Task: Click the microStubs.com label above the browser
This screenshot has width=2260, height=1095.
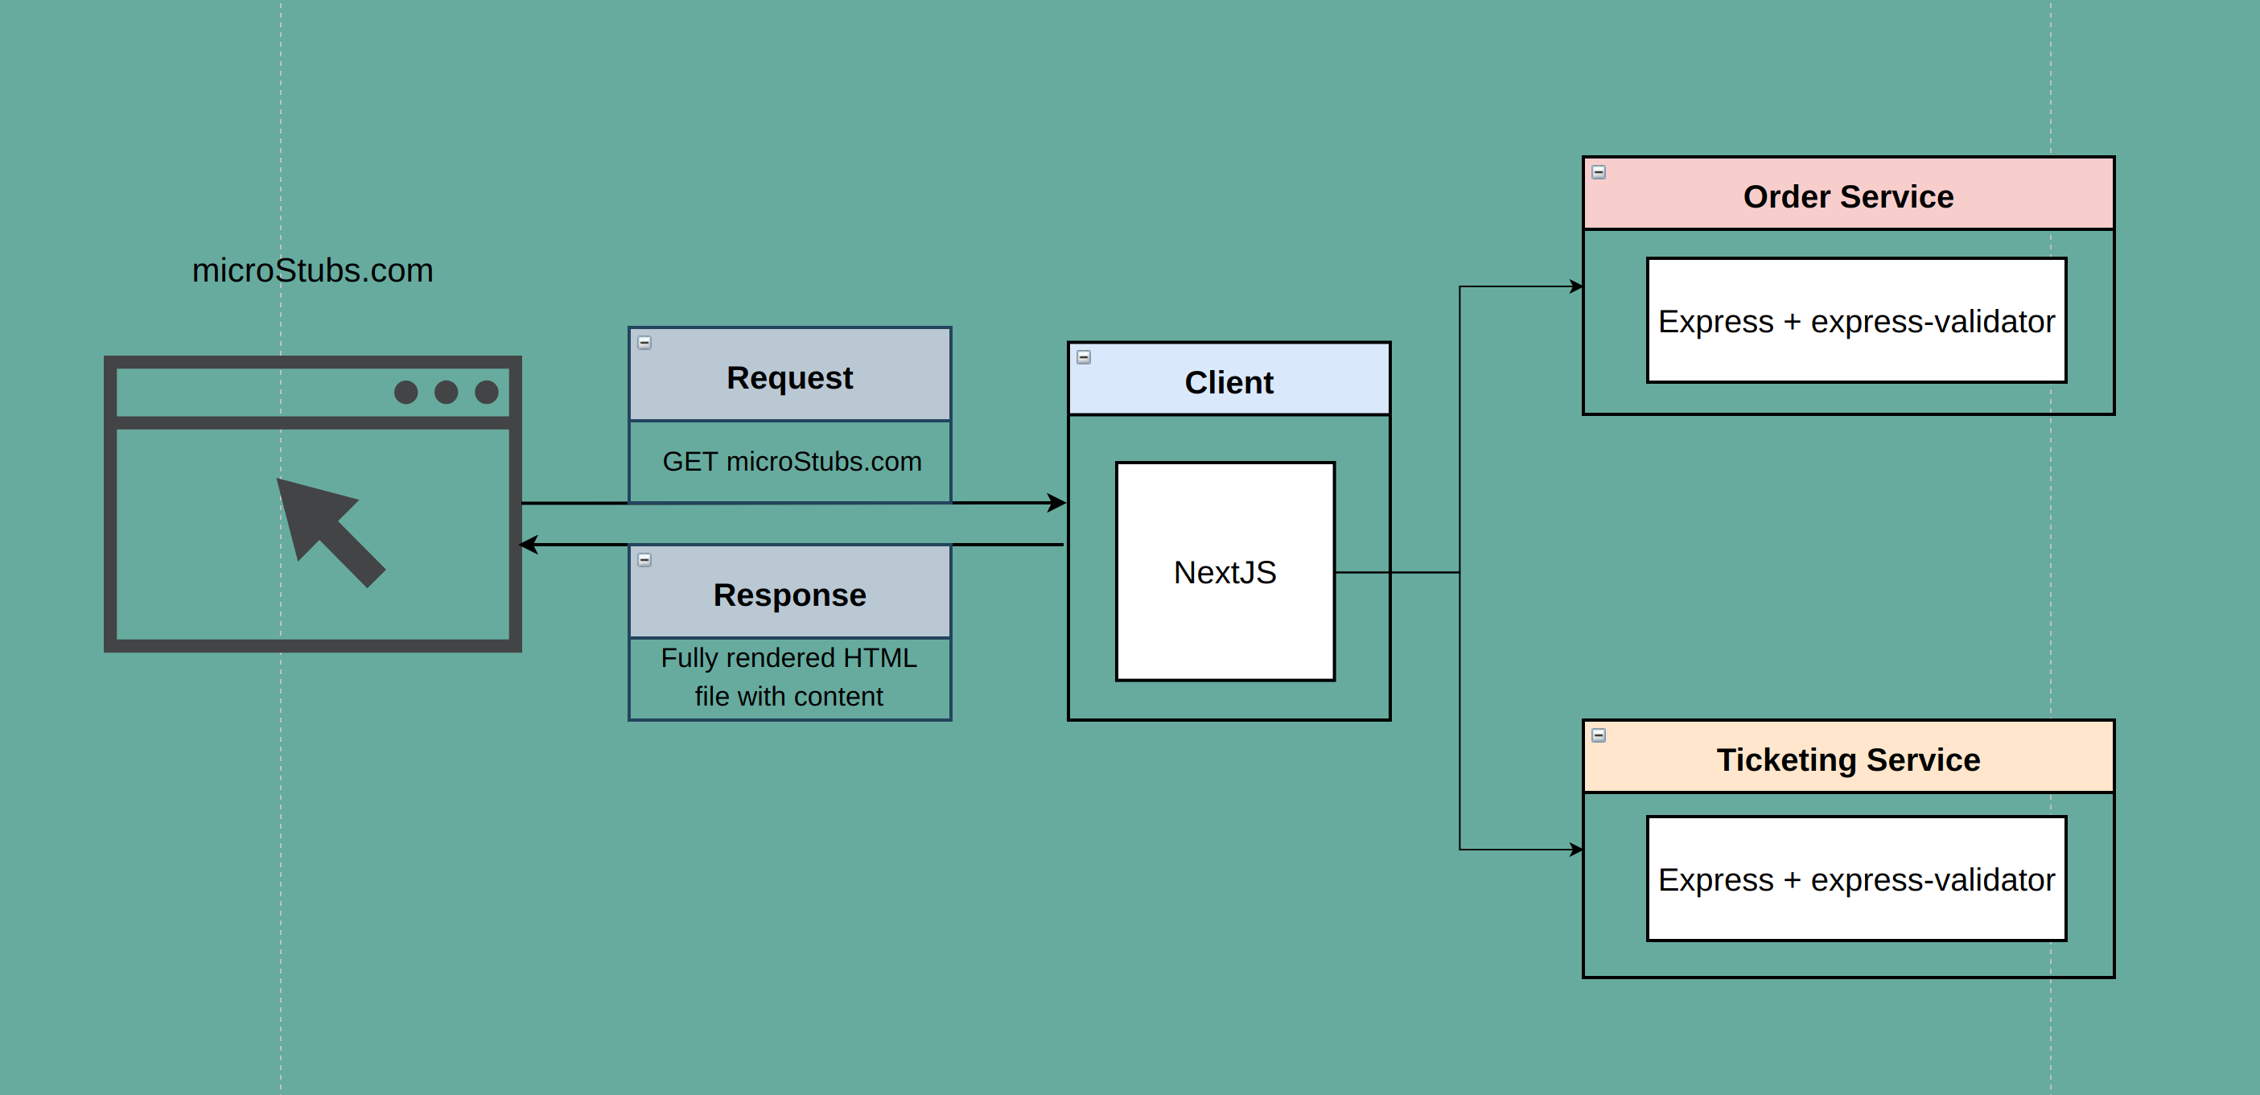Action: [x=312, y=270]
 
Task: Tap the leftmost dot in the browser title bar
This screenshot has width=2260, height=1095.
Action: [x=405, y=392]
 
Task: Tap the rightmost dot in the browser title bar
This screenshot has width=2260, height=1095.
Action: [x=486, y=392]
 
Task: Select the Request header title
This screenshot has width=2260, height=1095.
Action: [x=788, y=378]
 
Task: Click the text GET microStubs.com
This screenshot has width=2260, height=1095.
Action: [x=792, y=462]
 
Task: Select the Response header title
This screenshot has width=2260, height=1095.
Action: [x=788, y=595]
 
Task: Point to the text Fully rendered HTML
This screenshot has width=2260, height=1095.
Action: [x=788, y=658]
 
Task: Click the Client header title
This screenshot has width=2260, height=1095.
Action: [x=1229, y=382]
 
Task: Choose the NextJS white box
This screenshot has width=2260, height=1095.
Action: [x=1225, y=572]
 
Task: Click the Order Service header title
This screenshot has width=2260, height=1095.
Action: [x=1847, y=196]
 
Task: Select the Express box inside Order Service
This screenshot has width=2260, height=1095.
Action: [x=1855, y=321]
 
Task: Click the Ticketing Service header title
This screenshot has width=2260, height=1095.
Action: [x=1847, y=760]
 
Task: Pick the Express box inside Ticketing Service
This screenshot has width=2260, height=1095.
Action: [x=1855, y=879]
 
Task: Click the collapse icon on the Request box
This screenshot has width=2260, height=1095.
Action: [x=644, y=343]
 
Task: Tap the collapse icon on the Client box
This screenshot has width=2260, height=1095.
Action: [x=1084, y=357]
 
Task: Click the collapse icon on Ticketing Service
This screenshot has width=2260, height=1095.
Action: [x=1599, y=735]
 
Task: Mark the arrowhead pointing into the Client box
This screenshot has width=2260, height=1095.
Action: [x=1057, y=503]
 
